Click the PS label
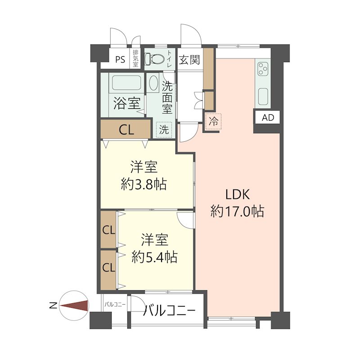[120, 60]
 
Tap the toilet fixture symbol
[154, 59]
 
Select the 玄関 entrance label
[189, 60]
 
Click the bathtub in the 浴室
[126, 83]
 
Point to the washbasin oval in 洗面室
[153, 83]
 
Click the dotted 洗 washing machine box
[164, 130]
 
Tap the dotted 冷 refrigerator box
[213, 121]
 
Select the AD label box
[268, 117]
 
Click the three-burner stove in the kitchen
[263, 69]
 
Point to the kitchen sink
[263, 96]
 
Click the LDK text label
[238, 195]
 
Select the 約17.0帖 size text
[238, 211]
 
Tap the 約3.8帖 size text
[144, 184]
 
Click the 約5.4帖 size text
[154, 257]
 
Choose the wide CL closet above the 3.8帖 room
[126, 129]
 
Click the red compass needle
[74, 306]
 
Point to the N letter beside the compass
[53, 306]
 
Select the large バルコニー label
[169, 311]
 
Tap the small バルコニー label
[115, 305]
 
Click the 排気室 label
[136, 58]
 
